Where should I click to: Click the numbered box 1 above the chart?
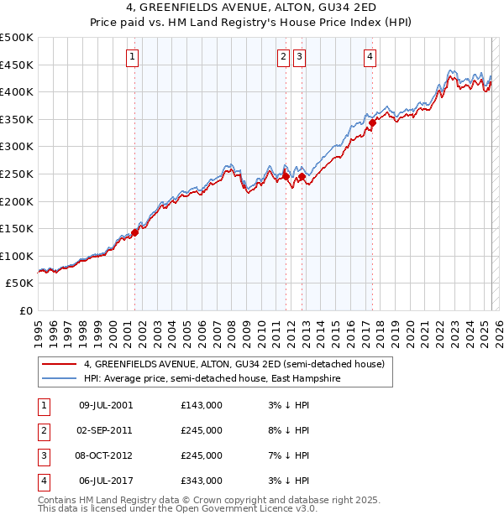(x=134, y=57)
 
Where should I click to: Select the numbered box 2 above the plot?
(x=284, y=57)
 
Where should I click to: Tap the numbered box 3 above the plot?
(x=300, y=57)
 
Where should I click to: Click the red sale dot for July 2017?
(x=371, y=122)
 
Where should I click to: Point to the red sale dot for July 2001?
(x=134, y=232)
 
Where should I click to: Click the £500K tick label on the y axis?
(x=17, y=38)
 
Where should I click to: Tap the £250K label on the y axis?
(x=17, y=174)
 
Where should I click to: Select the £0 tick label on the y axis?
(x=25, y=310)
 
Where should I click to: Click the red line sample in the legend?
(x=59, y=365)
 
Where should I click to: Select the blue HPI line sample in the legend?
(x=59, y=378)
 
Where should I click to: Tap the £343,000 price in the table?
(x=202, y=481)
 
